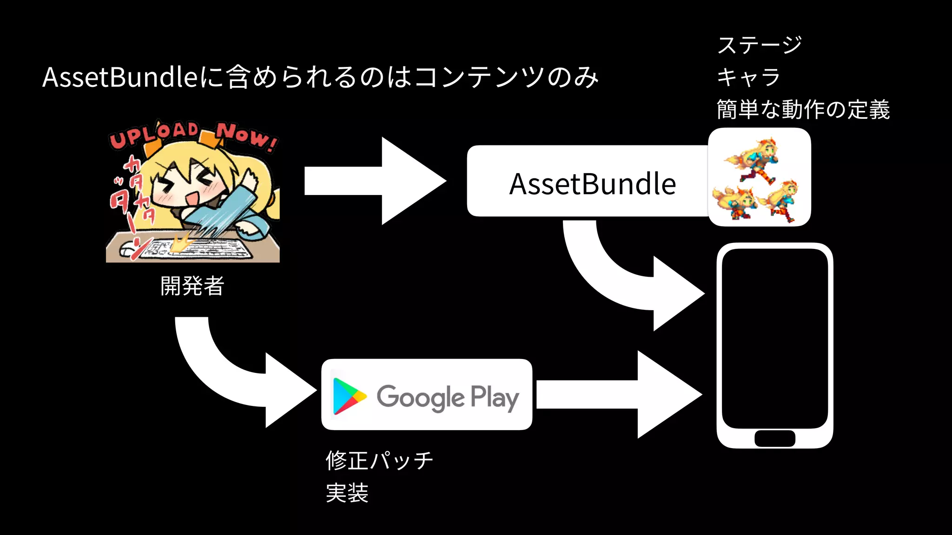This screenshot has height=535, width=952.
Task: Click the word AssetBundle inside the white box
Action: [x=592, y=184]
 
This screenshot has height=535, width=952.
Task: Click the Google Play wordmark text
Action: [x=448, y=398]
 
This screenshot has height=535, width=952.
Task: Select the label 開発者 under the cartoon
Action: [x=192, y=286]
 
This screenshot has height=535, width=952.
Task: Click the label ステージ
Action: [x=760, y=45]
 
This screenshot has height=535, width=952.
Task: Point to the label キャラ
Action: [x=748, y=77]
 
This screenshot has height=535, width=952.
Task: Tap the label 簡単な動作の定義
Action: [x=803, y=110]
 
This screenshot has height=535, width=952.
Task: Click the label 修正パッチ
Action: [x=379, y=460]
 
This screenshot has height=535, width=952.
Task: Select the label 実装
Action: [x=347, y=493]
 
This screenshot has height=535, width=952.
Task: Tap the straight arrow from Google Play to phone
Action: [x=618, y=395]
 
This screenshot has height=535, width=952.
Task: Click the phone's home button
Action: [x=774, y=438]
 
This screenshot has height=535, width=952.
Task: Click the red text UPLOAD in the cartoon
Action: [x=153, y=135]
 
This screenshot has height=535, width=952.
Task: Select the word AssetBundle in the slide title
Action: [x=121, y=77]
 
